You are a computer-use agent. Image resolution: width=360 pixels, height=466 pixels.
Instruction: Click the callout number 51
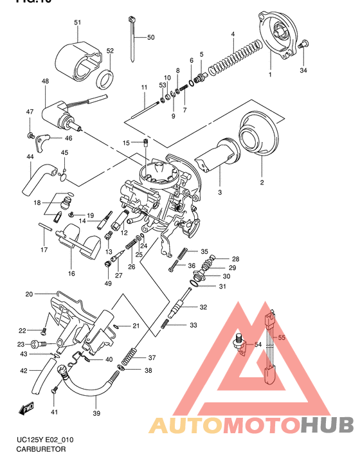(77, 23)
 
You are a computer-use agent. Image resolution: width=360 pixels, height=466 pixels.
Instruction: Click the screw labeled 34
(305, 45)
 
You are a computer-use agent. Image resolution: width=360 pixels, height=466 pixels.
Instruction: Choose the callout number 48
(45, 82)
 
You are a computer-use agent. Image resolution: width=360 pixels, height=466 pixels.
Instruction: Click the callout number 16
(71, 273)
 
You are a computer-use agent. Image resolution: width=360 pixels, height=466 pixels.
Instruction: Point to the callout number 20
(29, 294)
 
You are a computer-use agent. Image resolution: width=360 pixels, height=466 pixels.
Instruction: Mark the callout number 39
(97, 413)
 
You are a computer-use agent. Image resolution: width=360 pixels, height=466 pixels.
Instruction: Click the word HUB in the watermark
(328, 426)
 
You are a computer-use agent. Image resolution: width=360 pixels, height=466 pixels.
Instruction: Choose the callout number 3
(219, 193)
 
